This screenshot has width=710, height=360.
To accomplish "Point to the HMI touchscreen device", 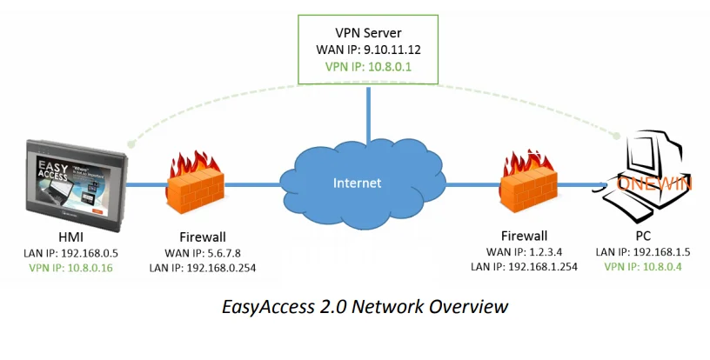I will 74,181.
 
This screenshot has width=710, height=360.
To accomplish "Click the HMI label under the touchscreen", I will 70,237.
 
